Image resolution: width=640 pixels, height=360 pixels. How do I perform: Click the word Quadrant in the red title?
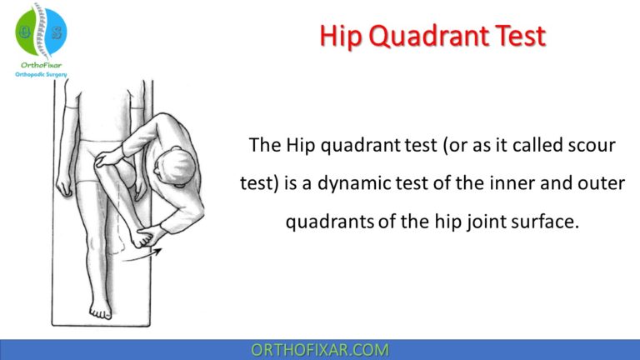click(433, 37)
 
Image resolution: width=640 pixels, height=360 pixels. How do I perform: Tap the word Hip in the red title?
click(343, 37)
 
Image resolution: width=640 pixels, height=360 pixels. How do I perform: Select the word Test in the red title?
click(519, 37)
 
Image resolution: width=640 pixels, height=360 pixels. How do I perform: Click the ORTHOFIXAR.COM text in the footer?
click(320, 350)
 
